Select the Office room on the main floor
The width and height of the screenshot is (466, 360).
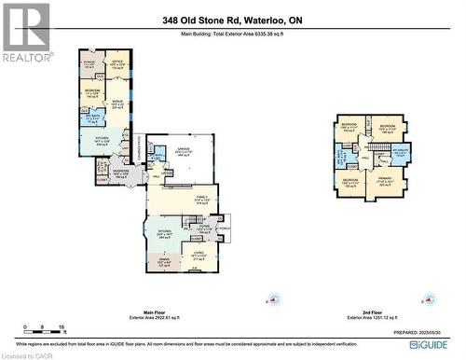117,64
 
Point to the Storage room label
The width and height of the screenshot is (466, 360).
89,63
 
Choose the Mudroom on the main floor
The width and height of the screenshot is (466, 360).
121,173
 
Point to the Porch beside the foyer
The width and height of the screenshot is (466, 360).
224,227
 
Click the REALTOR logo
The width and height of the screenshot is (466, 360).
25,33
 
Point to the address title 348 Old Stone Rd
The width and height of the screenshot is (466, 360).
232,21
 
